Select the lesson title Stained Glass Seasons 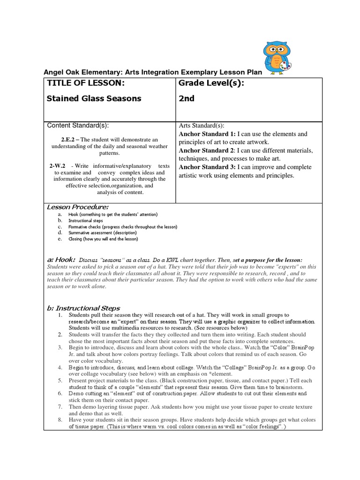pos(94,99)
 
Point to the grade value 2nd pos(187,99)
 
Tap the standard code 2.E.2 pos(69,140)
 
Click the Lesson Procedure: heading pos(78,207)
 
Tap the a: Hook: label pos(61,260)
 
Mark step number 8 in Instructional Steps pos(60,420)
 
